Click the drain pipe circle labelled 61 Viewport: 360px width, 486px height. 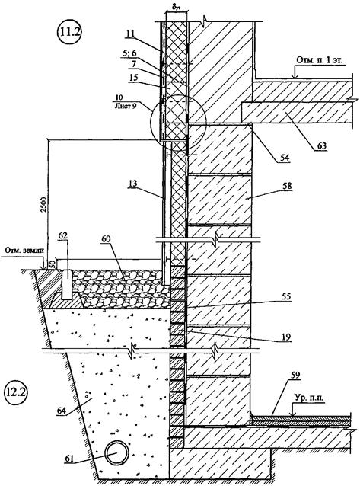[x=116, y=452]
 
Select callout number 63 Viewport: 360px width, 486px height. [x=322, y=145]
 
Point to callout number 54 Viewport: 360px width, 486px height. [x=284, y=157]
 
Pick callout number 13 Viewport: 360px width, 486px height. [x=133, y=184]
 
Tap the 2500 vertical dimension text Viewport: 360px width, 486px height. [x=45, y=205]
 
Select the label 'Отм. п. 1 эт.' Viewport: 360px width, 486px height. [x=320, y=60]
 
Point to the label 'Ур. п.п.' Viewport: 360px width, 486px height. [x=308, y=398]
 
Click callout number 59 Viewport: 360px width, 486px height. [x=295, y=376]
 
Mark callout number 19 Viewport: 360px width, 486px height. [x=286, y=337]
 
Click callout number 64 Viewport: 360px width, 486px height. [x=62, y=411]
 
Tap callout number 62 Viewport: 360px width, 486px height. [x=64, y=236]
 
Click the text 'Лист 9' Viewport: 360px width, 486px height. [x=125, y=107]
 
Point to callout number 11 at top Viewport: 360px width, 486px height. [x=131, y=34]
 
